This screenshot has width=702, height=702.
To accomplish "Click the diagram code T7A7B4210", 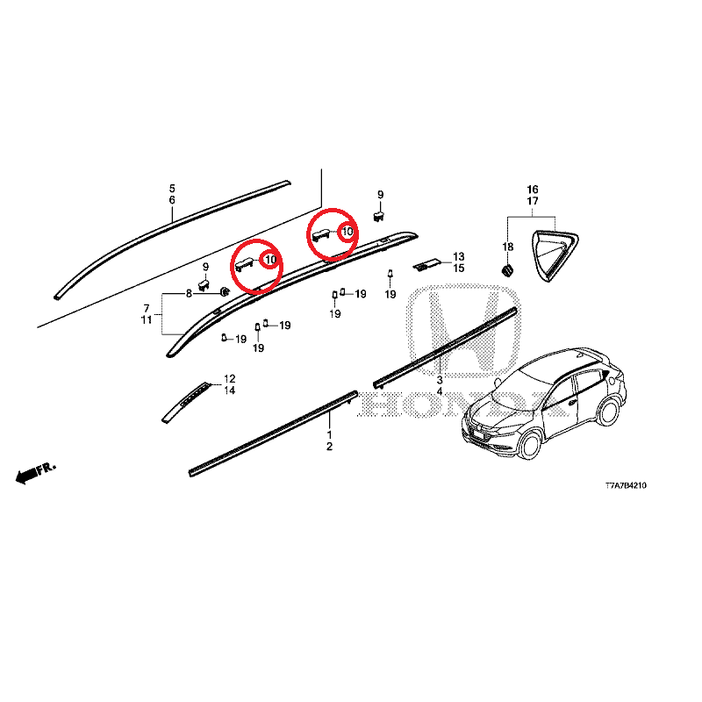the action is click(x=626, y=485).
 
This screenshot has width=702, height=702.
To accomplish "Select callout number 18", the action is click(x=508, y=247).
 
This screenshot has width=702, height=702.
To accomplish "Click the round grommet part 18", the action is click(x=507, y=270).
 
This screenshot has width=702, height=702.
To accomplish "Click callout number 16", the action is click(x=533, y=190).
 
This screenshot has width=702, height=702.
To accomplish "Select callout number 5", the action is click(x=172, y=189).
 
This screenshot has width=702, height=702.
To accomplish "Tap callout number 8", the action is click(x=189, y=293).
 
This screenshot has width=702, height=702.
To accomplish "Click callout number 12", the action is click(x=230, y=379).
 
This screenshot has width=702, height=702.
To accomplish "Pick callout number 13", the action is click(x=458, y=256).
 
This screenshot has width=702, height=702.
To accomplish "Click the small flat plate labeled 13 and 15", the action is click(x=427, y=265).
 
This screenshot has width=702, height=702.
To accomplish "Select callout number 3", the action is click(x=440, y=380).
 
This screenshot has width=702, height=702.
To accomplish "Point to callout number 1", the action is click(x=330, y=434).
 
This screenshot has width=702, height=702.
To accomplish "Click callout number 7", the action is click(x=147, y=308).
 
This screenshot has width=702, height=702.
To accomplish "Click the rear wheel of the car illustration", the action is click(x=609, y=411).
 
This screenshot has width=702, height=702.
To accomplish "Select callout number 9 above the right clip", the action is click(x=381, y=195).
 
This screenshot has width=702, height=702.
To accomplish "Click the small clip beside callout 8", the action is click(x=225, y=292).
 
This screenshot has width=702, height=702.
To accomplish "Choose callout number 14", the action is click(x=230, y=390).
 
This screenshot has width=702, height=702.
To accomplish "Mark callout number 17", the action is click(x=533, y=201).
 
